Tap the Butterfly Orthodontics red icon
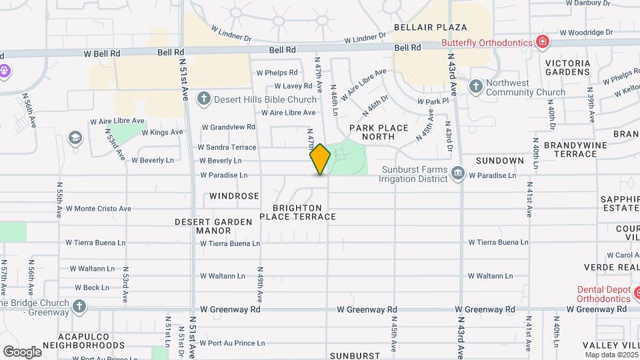click(x=543, y=43)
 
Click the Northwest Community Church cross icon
click(x=475, y=85)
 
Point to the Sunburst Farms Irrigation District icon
click(x=457, y=173)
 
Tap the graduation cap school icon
click(x=75, y=137)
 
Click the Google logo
click(x=22, y=351)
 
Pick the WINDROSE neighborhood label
click(x=233, y=197)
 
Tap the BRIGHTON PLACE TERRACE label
click(x=297, y=212)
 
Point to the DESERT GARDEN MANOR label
click(x=213, y=226)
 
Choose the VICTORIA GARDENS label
click(x=567, y=67)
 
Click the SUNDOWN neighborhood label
click(x=499, y=161)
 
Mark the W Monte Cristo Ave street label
click(x=98, y=209)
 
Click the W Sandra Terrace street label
click(x=227, y=147)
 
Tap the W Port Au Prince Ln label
click(x=232, y=343)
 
